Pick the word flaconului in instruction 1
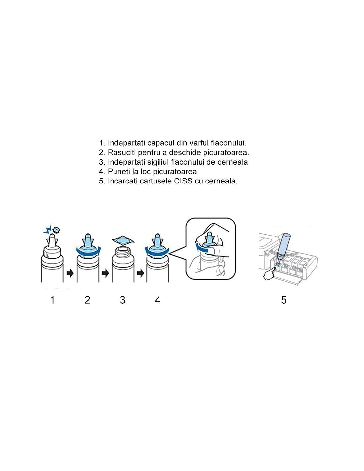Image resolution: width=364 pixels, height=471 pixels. [228, 143]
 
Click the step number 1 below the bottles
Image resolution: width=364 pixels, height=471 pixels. [52, 300]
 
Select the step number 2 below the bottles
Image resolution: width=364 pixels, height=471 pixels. [87, 300]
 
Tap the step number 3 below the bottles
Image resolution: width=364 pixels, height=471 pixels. [122, 300]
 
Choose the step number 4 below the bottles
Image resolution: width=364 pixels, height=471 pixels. [158, 300]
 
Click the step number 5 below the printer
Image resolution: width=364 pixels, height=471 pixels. [284, 300]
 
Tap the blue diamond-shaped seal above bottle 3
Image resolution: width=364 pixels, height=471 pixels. [123, 240]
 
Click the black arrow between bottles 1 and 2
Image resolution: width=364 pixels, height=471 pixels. [70, 273]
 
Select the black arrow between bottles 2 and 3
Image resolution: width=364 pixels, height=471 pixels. [105, 273]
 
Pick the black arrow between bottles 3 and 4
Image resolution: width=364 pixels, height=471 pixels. [140, 273]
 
